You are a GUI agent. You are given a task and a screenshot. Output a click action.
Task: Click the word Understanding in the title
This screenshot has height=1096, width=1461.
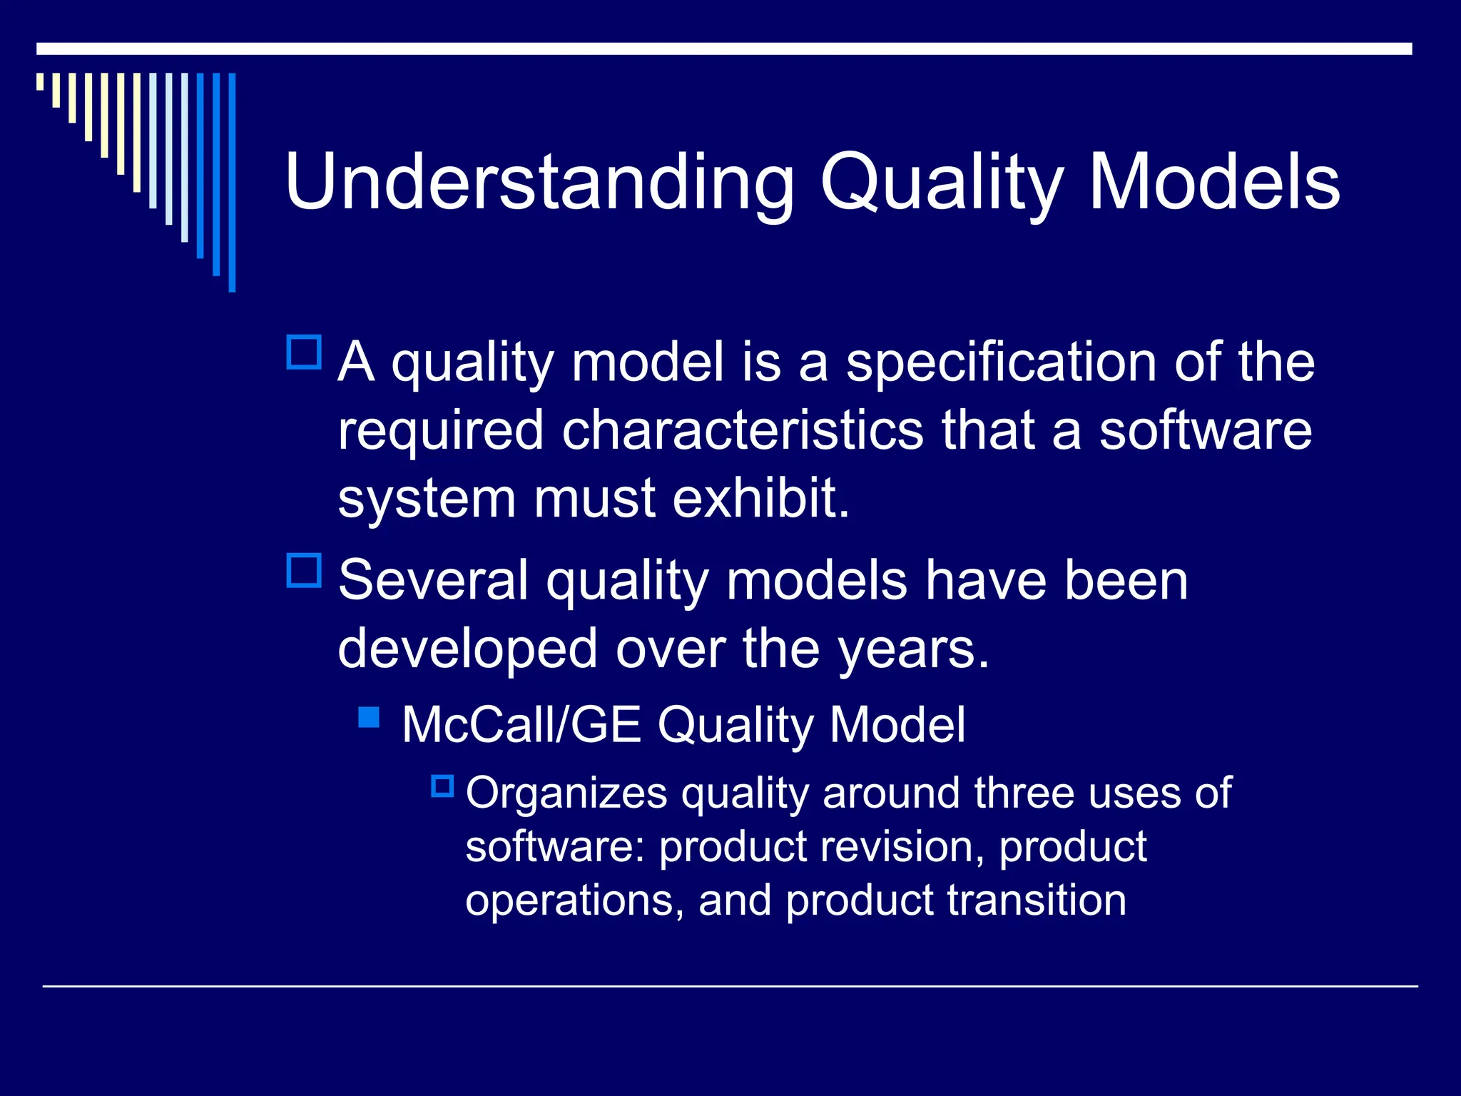coord(539,183)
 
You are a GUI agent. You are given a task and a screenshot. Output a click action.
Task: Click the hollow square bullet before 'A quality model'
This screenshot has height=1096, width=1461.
coord(304,352)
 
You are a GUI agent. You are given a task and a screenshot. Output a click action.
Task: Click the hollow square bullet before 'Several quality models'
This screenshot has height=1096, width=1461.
coord(304,570)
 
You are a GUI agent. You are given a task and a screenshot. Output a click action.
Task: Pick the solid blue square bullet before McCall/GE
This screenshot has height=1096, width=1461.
coord(369,716)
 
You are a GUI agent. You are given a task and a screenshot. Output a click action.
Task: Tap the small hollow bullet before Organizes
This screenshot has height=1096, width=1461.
coord(442,786)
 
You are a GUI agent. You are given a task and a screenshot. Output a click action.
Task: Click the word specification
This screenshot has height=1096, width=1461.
coord(1002,362)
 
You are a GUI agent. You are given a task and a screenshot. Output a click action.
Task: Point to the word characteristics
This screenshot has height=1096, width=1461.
coord(742,431)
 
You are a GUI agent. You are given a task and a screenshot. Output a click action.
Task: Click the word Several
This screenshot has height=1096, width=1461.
coord(433,580)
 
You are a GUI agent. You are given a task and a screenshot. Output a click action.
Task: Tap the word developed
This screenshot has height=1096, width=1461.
coord(467,649)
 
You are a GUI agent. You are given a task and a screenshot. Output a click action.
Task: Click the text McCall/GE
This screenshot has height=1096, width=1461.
coord(521,725)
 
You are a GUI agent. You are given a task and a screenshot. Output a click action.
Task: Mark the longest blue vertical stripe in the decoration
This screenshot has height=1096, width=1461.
coord(232,182)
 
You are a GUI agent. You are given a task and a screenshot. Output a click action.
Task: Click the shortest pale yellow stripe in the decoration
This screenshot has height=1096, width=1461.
coord(40,81)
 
